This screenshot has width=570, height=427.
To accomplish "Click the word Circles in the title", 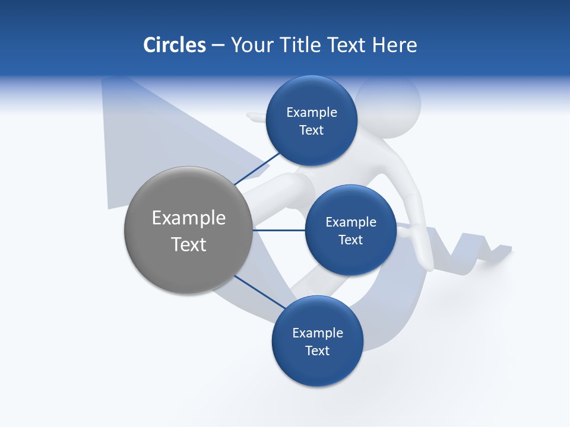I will pos(174,45).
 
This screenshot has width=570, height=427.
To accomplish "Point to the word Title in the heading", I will pos(302,45).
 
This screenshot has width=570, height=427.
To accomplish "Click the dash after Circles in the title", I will pos(218,46).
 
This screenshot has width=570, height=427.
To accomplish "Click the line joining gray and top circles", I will pos(258,168).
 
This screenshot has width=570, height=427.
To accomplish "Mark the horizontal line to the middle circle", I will pos(279,230).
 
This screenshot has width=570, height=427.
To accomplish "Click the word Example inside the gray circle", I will pos(189,218).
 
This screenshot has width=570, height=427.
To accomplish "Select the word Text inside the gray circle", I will pos(189,244).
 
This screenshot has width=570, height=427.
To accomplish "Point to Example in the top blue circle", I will pos(312,113).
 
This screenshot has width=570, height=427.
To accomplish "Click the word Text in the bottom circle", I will pos(317,351).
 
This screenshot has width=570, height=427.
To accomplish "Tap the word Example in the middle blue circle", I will pos(351,222).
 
